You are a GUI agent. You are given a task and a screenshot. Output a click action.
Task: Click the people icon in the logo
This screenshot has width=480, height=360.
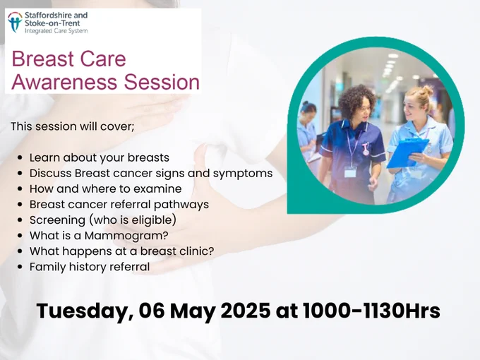click(x=15, y=22)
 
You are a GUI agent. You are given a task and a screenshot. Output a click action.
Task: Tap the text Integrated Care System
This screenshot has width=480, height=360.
click(x=56, y=31)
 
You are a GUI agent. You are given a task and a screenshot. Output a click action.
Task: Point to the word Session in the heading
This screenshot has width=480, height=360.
click(x=162, y=82)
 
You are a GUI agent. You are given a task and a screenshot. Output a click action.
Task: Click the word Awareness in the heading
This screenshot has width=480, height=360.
click(x=65, y=82)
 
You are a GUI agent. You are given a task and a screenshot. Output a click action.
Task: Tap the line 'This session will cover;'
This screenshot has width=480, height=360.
click(x=73, y=126)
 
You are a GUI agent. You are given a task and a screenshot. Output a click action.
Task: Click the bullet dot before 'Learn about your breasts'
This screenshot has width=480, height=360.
click(x=20, y=157)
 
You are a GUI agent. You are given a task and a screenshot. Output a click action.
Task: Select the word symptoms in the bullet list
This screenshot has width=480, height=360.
click(x=243, y=174)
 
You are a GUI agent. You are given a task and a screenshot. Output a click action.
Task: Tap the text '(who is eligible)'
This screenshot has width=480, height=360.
click(x=132, y=220)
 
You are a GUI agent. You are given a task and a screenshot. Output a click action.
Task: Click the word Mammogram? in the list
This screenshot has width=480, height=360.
click(x=126, y=236)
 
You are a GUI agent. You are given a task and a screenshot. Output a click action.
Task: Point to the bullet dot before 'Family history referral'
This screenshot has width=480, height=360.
click(x=20, y=267)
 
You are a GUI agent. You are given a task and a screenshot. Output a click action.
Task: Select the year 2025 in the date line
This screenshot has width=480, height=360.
click(x=246, y=311)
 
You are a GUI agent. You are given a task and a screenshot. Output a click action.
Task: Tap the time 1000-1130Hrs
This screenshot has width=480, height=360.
click(x=371, y=311)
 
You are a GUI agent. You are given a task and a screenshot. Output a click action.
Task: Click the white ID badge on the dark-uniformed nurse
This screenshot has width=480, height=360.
click(x=350, y=172)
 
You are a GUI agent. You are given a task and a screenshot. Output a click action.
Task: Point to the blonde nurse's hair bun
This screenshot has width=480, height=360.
click(x=427, y=90)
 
